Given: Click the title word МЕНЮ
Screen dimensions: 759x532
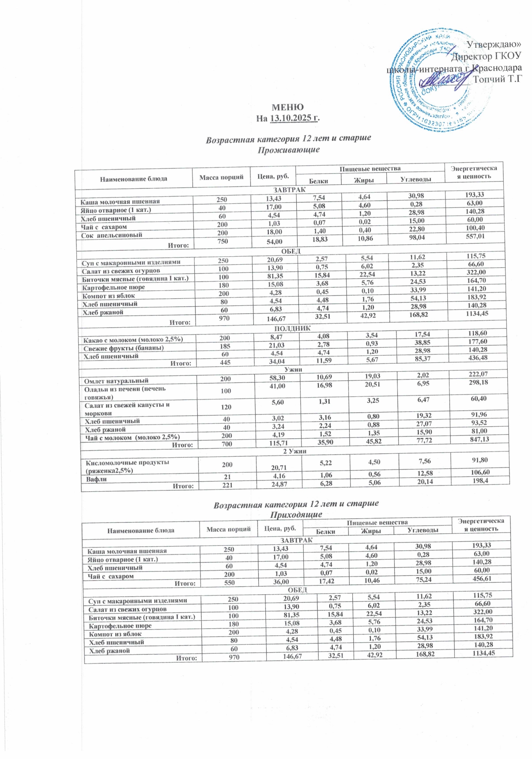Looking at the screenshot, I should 287,107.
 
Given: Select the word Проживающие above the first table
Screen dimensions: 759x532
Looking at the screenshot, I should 288,149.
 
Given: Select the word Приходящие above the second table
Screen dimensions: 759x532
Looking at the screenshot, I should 296,515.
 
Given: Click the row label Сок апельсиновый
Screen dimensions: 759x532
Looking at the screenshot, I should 111,235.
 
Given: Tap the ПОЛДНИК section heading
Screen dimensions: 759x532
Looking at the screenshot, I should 292,328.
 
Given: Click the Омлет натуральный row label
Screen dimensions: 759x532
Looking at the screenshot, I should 116,380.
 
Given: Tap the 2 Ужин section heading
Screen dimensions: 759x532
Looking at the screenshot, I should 294,451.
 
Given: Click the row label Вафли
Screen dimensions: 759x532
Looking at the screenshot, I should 97,479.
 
